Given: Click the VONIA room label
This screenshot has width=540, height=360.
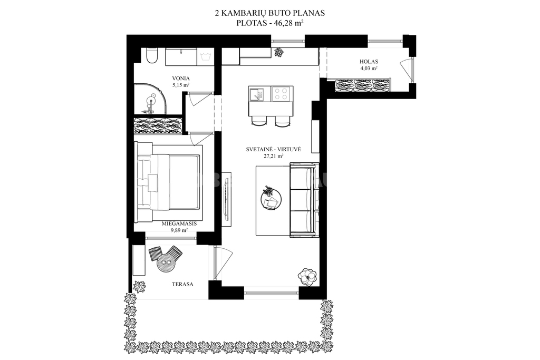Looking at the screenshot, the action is click(181, 78).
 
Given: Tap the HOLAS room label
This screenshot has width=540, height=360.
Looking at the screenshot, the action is click(369, 62).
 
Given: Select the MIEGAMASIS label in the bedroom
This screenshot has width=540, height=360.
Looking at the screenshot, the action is click(179, 223).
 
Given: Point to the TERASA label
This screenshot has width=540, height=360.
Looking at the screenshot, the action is click(182, 284).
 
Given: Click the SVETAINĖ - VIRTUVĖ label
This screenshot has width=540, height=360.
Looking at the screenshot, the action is click(274, 149).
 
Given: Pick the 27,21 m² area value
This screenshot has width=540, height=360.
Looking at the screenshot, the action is click(274, 156).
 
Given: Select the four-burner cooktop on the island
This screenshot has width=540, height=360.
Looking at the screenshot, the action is click(281, 94).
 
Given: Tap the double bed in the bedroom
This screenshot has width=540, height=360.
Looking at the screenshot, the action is click(168, 182).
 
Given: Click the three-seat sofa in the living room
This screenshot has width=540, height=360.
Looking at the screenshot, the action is click(303, 200).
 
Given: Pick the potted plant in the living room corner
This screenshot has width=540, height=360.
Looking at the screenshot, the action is click(307, 276).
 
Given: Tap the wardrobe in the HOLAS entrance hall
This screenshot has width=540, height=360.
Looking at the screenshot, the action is click(363, 85).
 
